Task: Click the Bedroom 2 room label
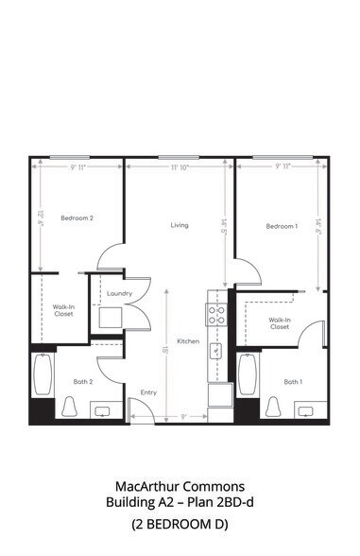coord(77,218)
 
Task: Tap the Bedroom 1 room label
coord(282,226)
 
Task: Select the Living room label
coord(179,225)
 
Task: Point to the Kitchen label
coord(188,340)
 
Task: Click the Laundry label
coord(119,293)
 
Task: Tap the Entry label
coord(148,391)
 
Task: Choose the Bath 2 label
coord(82,381)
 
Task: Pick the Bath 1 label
coord(293,381)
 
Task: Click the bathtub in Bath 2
coord(43,375)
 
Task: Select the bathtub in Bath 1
coord(248,375)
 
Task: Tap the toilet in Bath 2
coord(70,407)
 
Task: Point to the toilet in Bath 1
coord(274,407)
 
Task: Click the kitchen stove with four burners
coord(216,313)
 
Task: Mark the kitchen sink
coord(216,351)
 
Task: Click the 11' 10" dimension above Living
coord(180,167)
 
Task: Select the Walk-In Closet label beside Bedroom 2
coord(63,309)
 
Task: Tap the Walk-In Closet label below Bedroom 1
coord(280,323)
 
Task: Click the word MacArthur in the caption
coord(146,487)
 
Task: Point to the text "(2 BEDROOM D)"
coord(180,524)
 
